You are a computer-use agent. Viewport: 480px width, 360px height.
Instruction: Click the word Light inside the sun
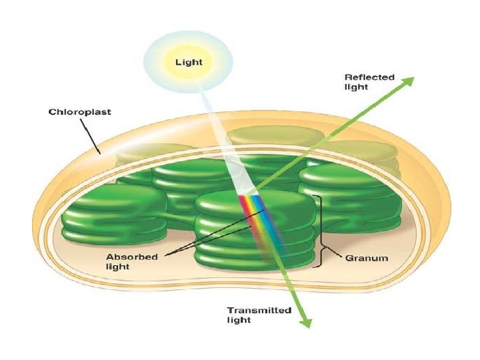189,63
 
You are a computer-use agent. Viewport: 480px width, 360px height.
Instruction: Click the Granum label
365,257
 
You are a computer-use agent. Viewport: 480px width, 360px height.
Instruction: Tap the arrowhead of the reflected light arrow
407,82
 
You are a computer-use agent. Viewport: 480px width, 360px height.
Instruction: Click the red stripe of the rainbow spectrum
245,207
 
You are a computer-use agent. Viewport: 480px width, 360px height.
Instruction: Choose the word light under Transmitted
239,321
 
